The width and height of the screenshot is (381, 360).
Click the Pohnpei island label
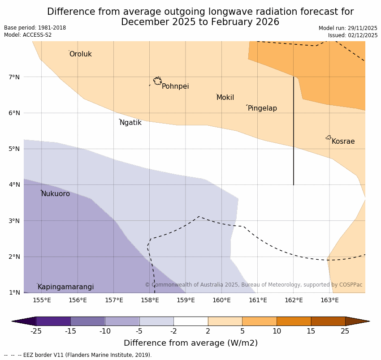point(175,86)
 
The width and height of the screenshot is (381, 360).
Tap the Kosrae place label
point(343,141)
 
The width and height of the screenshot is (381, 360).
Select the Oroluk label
point(80,54)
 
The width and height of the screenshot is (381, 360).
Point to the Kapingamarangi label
point(65,287)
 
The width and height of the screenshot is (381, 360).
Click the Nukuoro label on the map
point(56,194)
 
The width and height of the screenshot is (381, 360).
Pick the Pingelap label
point(262,108)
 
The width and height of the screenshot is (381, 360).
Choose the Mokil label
point(225,98)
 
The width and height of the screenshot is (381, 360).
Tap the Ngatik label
point(130,123)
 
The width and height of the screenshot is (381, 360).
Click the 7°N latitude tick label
point(14,77)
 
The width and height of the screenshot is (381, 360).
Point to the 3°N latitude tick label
point(14,221)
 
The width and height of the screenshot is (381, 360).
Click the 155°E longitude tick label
point(42,300)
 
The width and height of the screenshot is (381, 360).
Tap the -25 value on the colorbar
point(36,331)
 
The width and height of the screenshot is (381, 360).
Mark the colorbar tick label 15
point(311,331)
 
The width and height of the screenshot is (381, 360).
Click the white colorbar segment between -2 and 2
point(190,321)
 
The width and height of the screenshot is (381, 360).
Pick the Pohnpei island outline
point(157,81)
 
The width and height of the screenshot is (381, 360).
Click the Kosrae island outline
point(329,137)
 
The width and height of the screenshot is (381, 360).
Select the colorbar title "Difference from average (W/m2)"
point(190,343)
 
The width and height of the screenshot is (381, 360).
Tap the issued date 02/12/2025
point(362,35)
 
